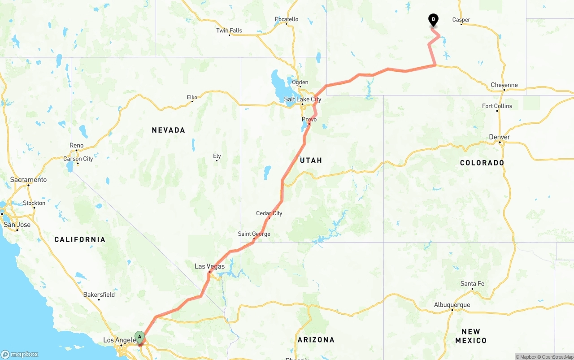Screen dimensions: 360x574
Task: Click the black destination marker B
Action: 433,20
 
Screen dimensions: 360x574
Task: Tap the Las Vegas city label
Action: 209,266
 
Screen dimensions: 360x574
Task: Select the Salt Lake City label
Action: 303,100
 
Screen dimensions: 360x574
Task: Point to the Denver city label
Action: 500,137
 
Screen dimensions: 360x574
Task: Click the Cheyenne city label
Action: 504,85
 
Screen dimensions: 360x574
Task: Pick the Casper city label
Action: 461,20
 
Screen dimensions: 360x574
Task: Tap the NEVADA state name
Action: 168,130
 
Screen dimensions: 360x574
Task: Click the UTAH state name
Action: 311,160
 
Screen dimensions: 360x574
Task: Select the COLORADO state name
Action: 482,163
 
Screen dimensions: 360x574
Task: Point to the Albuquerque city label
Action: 452,305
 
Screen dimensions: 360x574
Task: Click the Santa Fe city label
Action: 472,284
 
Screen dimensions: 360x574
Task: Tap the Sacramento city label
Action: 28,180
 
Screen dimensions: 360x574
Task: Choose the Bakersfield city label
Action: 99,295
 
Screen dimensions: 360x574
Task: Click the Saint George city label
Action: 254,234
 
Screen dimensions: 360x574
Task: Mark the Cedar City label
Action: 269,213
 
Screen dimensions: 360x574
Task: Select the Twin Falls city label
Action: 229,30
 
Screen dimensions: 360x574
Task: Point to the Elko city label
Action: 192,97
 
